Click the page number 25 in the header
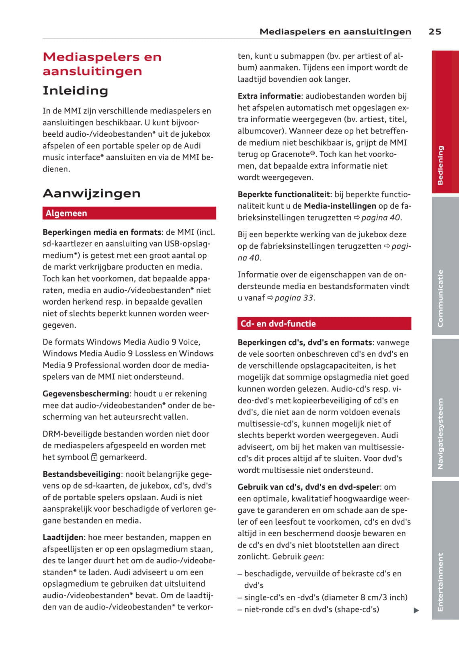(434, 31)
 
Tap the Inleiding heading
(75, 90)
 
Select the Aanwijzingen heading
(92, 193)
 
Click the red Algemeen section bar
(129, 213)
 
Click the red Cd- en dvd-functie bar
(324, 324)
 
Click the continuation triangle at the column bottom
(416, 610)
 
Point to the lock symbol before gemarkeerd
(94, 457)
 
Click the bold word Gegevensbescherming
(86, 394)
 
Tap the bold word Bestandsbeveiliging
(82, 474)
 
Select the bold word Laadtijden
(63, 537)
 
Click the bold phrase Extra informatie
(269, 96)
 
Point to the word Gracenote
(291, 154)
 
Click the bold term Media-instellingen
(340, 206)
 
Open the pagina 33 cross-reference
(294, 298)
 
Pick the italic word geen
(312, 557)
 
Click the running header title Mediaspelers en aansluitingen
(335, 31)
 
